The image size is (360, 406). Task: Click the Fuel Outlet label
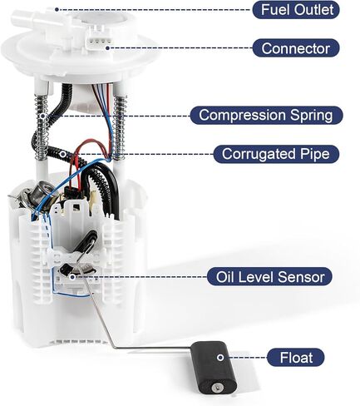(x=296, y=10)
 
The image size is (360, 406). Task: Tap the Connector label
(x=296, y=48)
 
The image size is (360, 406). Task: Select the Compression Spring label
(x=266, y=115)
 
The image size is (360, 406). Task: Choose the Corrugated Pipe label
(x=276, y=154)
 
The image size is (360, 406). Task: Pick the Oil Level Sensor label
(x=269, y=277)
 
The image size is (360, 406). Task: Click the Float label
(x=296, y=358)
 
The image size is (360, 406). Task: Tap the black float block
(x=214, y=367)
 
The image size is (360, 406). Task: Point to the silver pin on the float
(x=216, y=387)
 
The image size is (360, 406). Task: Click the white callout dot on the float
(x=220, y=358)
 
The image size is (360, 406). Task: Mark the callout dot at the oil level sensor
(x=72, y=276)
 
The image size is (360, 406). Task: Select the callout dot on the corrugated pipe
(x=63, y=154)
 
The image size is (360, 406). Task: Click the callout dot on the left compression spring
(x=42, y=116)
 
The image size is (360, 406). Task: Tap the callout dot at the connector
(x=107, y=48)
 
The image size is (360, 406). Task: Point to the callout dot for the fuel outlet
(x=57, y=10)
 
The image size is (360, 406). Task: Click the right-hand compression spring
(x=120, y=127)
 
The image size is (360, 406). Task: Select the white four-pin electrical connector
(x=99, y=41)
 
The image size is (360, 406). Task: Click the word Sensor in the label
(x=307, y=277)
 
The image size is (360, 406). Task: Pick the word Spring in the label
(x=311, y=116)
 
